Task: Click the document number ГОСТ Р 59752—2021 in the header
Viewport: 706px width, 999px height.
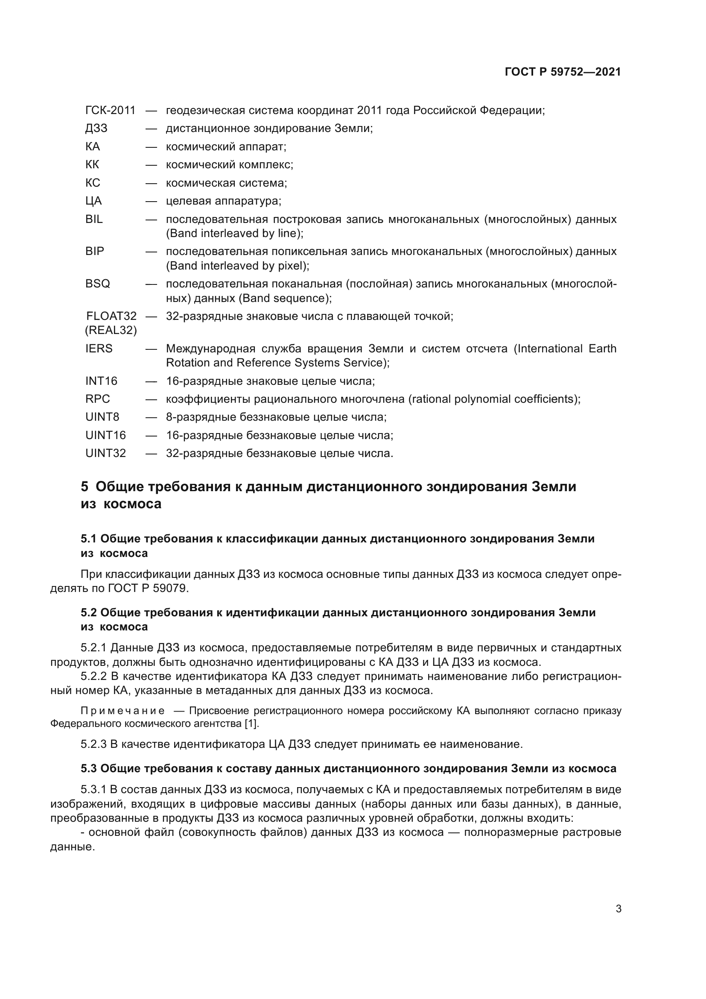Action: (563, 72)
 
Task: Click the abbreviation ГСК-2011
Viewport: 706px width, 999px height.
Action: (111, 111)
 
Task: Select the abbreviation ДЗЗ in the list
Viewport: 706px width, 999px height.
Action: (96, 129)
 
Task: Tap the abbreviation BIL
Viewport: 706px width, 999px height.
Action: (94, 219)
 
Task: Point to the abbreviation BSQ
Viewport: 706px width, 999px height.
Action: (97, 284)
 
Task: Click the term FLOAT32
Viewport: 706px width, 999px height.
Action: (111, 316)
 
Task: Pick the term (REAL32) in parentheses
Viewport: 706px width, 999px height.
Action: (111, 331)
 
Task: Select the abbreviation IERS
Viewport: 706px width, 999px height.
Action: (99, 349)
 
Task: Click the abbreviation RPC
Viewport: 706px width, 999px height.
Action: (97, 399)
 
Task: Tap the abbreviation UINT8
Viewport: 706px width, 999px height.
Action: (102, 417)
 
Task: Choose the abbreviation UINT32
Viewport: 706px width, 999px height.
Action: (105, 454)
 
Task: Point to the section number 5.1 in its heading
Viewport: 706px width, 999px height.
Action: (89, 539)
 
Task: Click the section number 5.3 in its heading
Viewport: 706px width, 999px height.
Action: (89, 769)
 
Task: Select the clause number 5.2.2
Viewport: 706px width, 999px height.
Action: (93, 676)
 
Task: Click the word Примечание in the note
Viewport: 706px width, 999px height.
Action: (123, 711)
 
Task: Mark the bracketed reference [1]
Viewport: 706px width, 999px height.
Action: (252, 724)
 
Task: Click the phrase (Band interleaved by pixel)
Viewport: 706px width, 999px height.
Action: (236, 266)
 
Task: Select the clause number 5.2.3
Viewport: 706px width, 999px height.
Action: (93, 744)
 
